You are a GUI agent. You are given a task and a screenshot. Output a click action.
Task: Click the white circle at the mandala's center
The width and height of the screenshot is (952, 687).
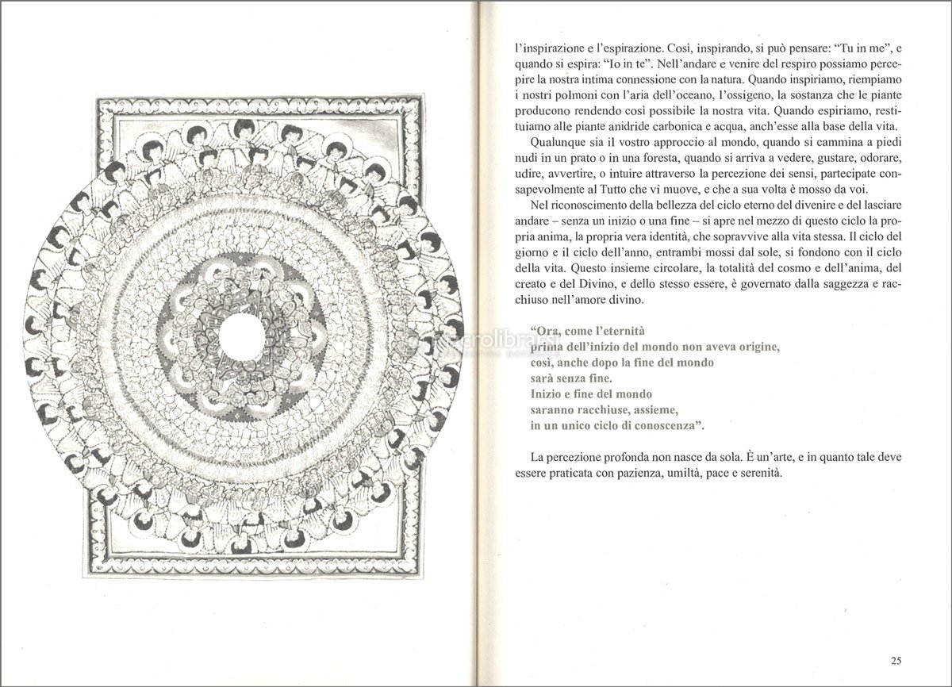pos(242,336)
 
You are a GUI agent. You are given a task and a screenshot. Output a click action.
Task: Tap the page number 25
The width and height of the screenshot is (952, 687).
pos(895,660)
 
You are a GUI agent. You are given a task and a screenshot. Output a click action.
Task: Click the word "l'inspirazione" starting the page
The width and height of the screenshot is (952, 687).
pos(547,48)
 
